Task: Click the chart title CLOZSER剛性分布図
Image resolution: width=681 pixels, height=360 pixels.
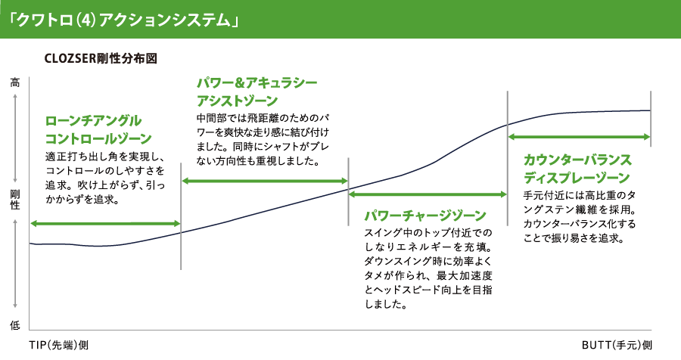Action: tap(101, 59)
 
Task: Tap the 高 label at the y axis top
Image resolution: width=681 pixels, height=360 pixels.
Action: tap(15, 82)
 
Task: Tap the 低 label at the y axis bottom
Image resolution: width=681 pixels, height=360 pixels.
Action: tap(15, 324)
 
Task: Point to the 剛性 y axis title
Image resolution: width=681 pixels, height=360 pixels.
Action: tap(15, 200)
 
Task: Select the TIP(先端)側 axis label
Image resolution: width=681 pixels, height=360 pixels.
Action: tap(58, 345)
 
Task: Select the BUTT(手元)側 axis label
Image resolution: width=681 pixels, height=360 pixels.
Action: tap(617, 345)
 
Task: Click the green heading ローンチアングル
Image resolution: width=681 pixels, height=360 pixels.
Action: tap(93, 120)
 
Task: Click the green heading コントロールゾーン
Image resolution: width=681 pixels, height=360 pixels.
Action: tap(98, 138)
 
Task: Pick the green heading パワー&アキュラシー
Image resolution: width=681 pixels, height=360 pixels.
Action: tap(257, 82)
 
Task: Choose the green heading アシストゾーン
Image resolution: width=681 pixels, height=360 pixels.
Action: tap(237, 101)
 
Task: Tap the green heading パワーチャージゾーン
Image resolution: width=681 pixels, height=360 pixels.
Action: tap(425, 216)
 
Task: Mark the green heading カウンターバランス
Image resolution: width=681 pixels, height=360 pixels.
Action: tap(577, 160)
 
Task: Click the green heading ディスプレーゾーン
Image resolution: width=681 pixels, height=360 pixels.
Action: tap(577, 178)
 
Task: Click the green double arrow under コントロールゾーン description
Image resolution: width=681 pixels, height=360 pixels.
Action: tap(104, 224)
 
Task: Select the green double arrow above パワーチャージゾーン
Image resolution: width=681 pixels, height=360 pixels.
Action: tap(428, 194)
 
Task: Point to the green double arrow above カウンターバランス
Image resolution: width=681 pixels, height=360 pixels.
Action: tap(580, 137)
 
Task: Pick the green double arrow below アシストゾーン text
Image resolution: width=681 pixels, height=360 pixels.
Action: tap(265, 181)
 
